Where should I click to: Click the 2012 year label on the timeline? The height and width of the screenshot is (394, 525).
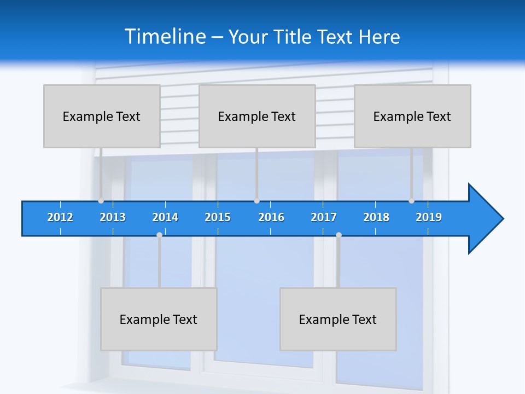click(x=60, y=217)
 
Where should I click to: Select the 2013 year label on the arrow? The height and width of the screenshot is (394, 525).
click(x=113, y=217)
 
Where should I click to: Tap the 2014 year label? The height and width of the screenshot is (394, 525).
click(x=165, y=217)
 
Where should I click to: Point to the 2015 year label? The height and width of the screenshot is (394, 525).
click(x=218, y=217)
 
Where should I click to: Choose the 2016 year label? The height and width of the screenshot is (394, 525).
click(x=271, y=217)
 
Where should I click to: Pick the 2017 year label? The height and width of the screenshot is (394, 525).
click(x=324, y=217)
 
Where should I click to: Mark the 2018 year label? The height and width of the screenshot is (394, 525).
click(x=376, y=217)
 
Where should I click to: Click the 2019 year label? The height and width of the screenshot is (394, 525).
click(x=429, y=217)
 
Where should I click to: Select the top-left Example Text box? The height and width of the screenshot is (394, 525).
click(x=102, y=116)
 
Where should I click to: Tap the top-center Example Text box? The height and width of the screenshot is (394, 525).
click(x=257, y=116)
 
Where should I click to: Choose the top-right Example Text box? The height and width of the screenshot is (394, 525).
click(x=412, y=116)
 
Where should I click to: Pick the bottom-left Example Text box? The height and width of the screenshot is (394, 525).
click(x=159, y=319)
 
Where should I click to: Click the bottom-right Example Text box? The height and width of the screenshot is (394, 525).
click(x=338, y=319)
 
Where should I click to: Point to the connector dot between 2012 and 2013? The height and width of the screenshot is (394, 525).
click(x=101, y=201)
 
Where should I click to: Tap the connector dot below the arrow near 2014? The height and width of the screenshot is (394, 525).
click(x=159, y=235)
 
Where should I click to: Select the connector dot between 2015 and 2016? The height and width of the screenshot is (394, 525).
click(x=256, y=201)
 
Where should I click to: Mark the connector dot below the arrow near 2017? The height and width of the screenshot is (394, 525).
click(x=339, y=235)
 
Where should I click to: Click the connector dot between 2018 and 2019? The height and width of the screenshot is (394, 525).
click(x=411, y=201)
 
